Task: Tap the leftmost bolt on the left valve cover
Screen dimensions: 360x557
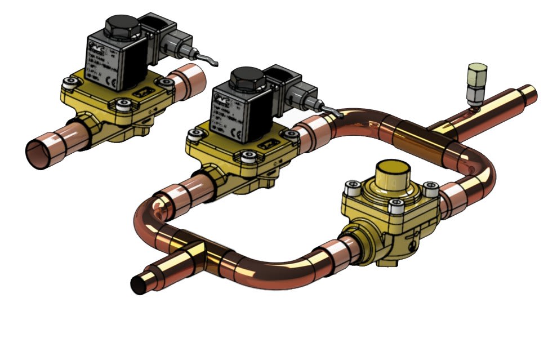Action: [70, 84]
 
